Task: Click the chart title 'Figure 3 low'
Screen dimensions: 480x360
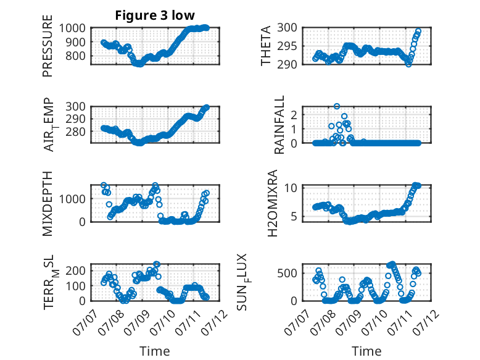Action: [155, 15]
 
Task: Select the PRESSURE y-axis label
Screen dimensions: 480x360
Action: [48, 46]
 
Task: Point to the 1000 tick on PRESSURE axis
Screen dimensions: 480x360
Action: [72, 28]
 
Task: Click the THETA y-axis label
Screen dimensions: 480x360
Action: [266, 46]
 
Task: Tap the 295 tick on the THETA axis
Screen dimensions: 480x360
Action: [287, 46]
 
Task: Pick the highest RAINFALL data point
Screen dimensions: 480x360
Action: [337, 106]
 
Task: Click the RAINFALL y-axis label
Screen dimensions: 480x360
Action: [279, 125]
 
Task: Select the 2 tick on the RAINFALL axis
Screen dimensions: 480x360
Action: [294, 115]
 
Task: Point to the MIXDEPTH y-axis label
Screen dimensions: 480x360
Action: [48, 203]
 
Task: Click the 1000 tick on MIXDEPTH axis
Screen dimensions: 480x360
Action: [72, 199]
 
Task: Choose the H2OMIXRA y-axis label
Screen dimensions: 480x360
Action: [273, 203]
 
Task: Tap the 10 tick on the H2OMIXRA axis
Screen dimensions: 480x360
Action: [291, 188]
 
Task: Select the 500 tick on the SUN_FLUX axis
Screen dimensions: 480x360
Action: [287, 274]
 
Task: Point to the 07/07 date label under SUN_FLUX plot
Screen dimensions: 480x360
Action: [296, 324]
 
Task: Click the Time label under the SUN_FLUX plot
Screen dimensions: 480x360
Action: [366, 351]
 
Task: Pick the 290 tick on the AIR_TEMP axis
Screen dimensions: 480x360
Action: [76, 119]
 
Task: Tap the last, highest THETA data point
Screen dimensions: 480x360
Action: [418, 31]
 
